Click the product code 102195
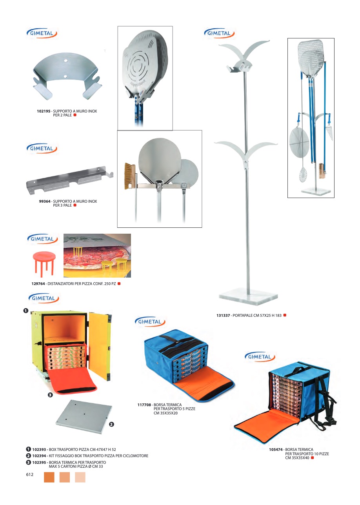tap(44, 111)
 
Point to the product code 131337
tap(223, 315)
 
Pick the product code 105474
tap(276, 449)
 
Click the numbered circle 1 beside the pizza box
tap(25, 311)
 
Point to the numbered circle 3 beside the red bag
tap(50, 395)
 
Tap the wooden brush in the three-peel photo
tap(130, 176)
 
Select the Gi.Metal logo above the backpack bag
tap(260, 357)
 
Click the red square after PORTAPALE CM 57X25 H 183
tap(285, 315)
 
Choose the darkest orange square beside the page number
tap(49, 477)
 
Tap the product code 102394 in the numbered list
tap(40, 456)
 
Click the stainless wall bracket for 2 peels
tap(67, 77)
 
